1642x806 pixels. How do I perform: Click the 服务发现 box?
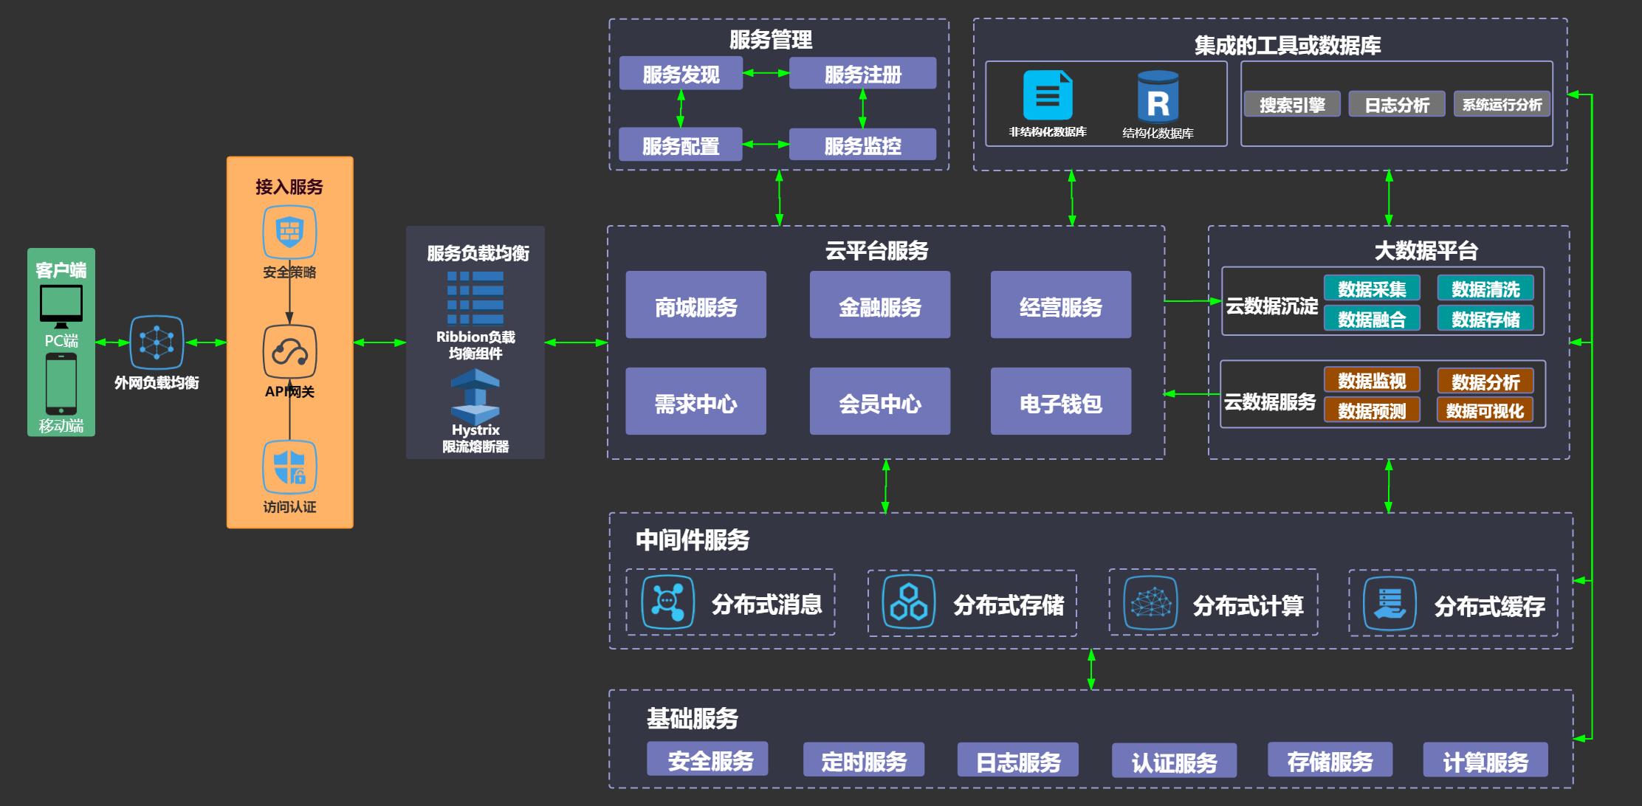coord(681,74)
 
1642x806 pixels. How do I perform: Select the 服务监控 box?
coord(862,145)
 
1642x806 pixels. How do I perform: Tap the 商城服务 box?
coord(695,305)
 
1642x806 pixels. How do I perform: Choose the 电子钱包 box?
coord(1060,402)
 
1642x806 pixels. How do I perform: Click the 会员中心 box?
coord(879,402)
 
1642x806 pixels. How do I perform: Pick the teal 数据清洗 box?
coord(1485,289)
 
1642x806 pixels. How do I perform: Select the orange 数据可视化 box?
coord(1485,410)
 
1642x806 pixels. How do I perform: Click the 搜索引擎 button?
coord(1292,104)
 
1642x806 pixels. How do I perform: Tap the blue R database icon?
coord(1158,96)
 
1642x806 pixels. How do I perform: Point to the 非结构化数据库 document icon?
coord(1048,95)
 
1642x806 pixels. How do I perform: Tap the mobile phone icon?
coord(61,384)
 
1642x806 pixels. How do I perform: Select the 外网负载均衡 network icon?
coord(157,342)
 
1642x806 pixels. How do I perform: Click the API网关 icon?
coord(290,351)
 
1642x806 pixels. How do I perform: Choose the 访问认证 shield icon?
coord(290,467)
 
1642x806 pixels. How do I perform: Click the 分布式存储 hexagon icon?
coord(909,602)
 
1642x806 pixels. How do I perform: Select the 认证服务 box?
coord(1174,760)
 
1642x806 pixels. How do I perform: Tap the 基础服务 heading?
coord(693,718)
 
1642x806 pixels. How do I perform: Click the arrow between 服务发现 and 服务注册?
coord(766,73)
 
